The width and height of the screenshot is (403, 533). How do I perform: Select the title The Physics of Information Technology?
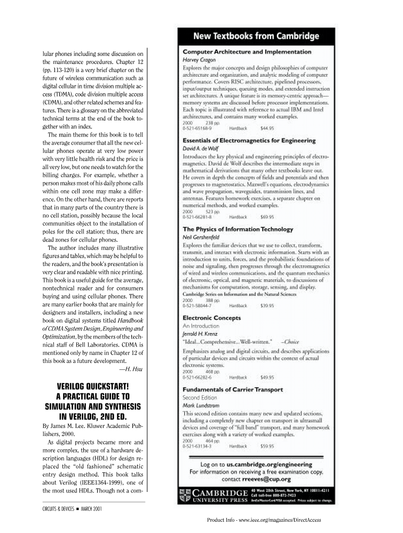(238, 229)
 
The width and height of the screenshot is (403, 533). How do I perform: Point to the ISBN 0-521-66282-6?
(197, 377)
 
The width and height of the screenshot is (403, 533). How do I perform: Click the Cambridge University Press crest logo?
(185, 495)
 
